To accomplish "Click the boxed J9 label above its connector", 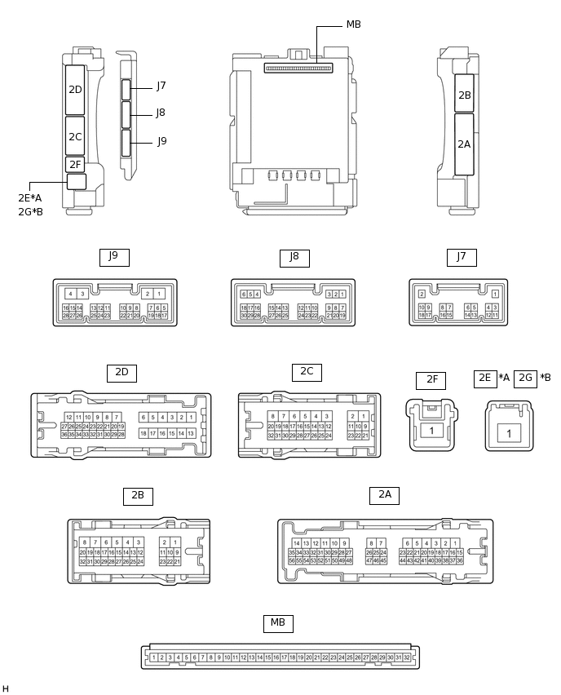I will tap(113, 256).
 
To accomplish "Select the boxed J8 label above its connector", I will tap(294, 257).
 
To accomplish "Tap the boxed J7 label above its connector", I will tap(462, 257).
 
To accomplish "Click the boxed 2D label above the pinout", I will tap(121, 373).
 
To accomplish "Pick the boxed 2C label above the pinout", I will tap(307, 372).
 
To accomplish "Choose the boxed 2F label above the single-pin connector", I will tap(431, 380).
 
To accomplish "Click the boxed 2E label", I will tap(484, 378).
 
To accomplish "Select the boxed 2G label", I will tap(525, 378).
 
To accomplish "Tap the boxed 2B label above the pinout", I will tap(138, 495).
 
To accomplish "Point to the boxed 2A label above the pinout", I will tap(384, 494).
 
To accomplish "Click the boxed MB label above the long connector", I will tap(278, 623).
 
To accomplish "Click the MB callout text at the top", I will tap(353, 24).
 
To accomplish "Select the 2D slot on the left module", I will tap(75, 89).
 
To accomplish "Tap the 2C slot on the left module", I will tap(75, 136).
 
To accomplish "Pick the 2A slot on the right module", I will tap(464, 144).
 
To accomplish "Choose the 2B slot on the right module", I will tap(464, 95).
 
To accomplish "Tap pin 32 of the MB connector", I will tap(406, 657).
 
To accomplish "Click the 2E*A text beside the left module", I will tap(30, 198).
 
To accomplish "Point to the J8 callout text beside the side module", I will tap(161, 113).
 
